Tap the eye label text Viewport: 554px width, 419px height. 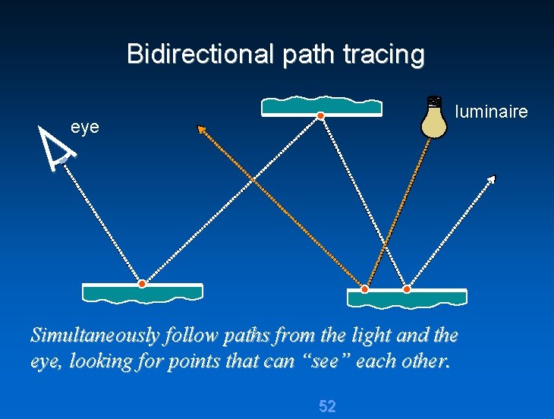pyautogui.click(x=85, y=127)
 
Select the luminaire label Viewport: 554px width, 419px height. pyautogui.click(x=491, y=112)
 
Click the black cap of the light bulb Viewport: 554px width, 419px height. pyautogui.click(x=434, y=100)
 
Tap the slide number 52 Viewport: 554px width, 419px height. pyautogui.click(x=327, y=406)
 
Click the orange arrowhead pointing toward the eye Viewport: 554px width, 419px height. pyautogui.click(x=202, y=130)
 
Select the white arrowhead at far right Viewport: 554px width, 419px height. pyautogui.click(x=491, y=179)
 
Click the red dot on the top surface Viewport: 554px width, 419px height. pyautogui.click(x=321, y=115)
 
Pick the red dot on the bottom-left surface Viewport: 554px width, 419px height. pyautogui.click(x=142, y=284)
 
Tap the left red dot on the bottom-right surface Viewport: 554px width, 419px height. pyautogui.click(x=364, y=289)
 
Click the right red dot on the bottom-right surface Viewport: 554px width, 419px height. pyautogui.click(x=407, y=289)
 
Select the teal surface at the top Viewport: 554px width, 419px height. pyautogui.click(x=321, y=106)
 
